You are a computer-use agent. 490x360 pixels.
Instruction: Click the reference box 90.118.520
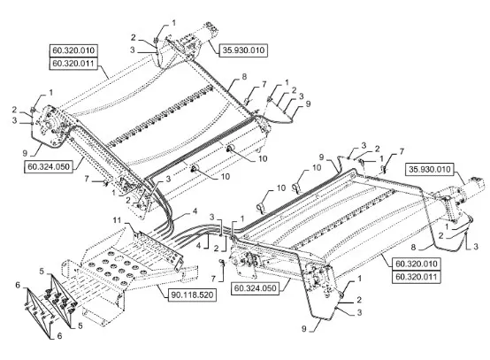coord(192,295)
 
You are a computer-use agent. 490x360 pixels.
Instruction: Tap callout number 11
coord(117,220)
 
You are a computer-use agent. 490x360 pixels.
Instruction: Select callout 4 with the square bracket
coord(198,245)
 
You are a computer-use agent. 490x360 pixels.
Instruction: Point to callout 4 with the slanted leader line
coord(195,211)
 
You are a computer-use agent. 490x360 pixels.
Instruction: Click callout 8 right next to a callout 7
coord(244,76)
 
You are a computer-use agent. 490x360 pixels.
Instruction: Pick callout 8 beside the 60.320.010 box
coord(413,247)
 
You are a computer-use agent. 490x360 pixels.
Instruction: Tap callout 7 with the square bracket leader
coord(213,278)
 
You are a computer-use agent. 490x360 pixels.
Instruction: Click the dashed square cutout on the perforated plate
coord(118,259)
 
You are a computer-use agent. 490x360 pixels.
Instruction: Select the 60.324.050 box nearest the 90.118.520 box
coord(255,287)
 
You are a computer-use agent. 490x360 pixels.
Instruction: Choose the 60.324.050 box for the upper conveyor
coord(49,166)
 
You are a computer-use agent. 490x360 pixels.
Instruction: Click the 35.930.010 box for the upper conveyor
coord(243,50)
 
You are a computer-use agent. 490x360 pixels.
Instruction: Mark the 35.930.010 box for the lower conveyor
coord(430,169)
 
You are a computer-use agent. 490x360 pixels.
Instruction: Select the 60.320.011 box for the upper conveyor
coord(73,64)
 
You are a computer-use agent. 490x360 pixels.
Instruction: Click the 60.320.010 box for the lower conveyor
coord(417,264)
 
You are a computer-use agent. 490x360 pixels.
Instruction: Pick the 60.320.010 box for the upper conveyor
coord(73,50)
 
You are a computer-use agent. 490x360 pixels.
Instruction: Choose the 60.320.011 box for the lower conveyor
coord(417,277)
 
